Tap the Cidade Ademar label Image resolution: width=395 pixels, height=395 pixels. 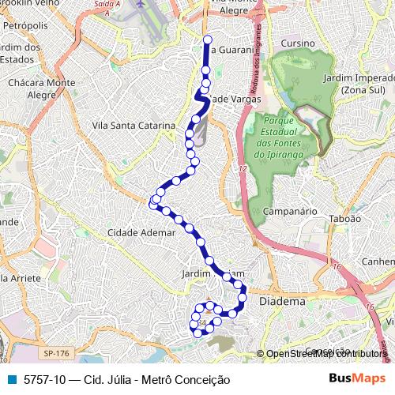pos(141,233)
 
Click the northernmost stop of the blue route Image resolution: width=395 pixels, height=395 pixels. pos(207,39)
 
